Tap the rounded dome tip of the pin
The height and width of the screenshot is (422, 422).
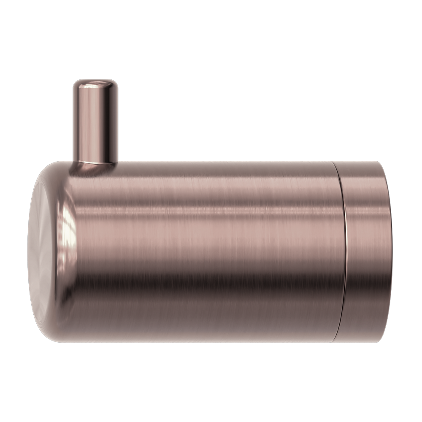95,84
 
